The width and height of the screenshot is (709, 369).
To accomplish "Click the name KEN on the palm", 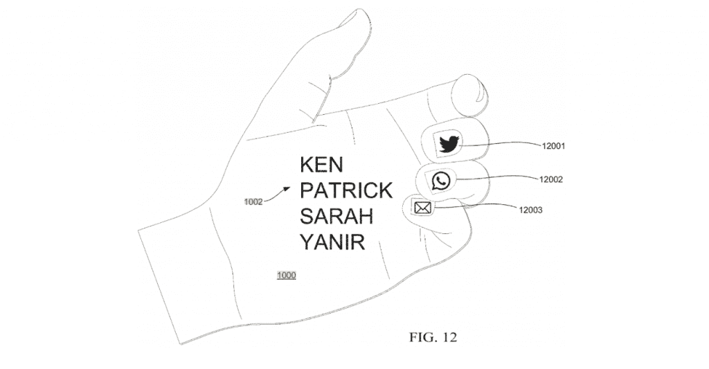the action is [x=321, y=165].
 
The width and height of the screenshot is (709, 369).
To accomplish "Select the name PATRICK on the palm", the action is [x=346, y=190].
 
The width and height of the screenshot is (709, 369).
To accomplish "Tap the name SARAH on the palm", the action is [x=336, y=216].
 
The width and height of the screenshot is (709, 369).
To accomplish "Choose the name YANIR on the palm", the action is [x=332, y=242].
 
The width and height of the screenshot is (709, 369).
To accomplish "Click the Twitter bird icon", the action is [x=449, y=144].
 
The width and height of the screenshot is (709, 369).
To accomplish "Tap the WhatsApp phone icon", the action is [x=441, y=181].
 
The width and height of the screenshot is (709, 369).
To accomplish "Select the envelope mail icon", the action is [x=422, y=208].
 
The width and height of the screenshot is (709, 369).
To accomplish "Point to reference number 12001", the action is [x=553, y=146].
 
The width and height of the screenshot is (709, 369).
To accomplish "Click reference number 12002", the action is [x=550, y=179].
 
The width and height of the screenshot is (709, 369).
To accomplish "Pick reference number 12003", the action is [x=530, y=210].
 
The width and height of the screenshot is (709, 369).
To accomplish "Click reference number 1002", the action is [x=253, y=201].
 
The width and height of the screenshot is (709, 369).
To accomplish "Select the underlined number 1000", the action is [x=286, y=276].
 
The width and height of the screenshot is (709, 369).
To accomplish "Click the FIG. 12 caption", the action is [x=433, y=337].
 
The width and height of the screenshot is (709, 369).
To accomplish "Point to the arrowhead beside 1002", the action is [x=287, y=189].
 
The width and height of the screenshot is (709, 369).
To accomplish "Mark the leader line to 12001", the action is [x=500, y=143].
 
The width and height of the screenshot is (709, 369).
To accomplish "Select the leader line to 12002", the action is [x=497, y=178].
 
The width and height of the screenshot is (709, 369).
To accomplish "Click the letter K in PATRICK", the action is [x=385, y=190].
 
